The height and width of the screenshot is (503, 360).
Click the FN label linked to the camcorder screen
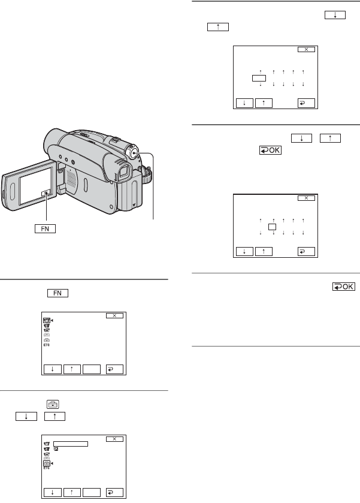point(45,229)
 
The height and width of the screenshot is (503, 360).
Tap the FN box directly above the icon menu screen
point(58,293)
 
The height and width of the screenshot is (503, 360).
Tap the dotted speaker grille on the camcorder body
point(71,178)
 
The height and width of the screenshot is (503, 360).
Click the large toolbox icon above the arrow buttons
point(53,404)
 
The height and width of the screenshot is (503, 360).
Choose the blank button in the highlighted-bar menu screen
point(92,492)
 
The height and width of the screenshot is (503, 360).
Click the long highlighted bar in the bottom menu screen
point(71,444)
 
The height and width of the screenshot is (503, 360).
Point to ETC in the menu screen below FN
point(47,345)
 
